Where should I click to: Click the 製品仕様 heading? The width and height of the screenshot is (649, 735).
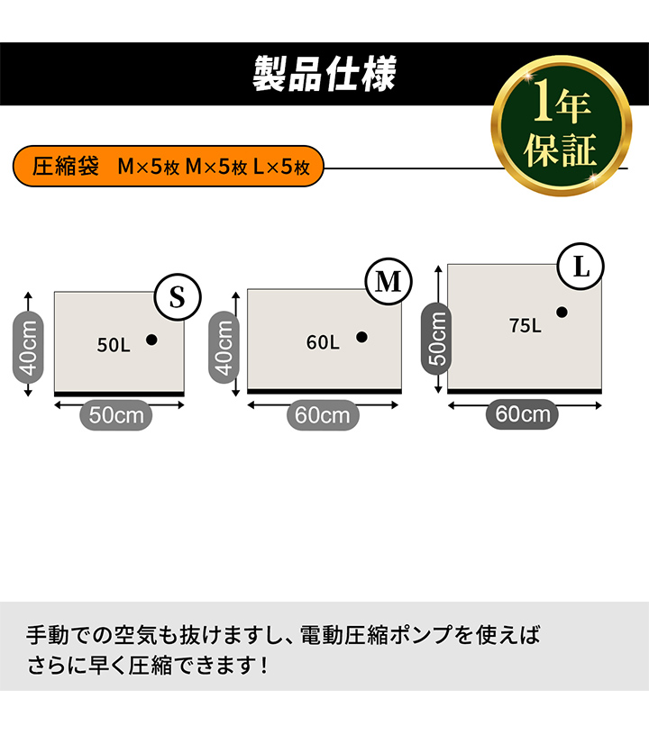(x=324, y=74)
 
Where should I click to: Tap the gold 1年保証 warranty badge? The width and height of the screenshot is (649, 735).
(x=562, y=125)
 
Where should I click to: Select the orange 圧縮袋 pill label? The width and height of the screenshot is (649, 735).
(x=169, y=166)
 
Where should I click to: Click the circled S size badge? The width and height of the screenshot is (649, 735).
(x=178, y=297)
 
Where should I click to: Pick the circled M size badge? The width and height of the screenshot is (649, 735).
(x=388, y=281)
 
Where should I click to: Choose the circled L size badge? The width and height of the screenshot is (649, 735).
(x=580, y=267)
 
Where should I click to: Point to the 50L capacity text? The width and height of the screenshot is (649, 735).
(x=114, y=345)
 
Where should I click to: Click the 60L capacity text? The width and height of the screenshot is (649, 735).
(x=323, y=342)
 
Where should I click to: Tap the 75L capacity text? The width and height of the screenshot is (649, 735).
(x=526, y=325)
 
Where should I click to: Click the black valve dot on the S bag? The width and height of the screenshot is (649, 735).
(x=151, y=340)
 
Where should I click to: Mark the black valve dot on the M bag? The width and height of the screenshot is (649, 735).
(x=361, y=337)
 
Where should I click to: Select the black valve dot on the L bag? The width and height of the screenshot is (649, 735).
(x=562, y=313)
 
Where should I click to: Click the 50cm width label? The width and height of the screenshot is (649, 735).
(x=115, y=415)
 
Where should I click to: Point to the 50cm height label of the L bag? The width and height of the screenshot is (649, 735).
(x=436, y=339)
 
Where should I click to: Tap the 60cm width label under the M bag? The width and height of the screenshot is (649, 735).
(x=323, y=415)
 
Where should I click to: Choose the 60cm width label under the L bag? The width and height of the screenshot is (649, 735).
(x=522, y=414)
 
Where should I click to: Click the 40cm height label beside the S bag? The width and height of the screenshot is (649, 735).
(x=28, y=348)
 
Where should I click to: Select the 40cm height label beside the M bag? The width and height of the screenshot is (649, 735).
(x=224, y=348)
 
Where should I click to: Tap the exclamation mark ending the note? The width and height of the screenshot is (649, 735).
(x=264, y=666)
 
